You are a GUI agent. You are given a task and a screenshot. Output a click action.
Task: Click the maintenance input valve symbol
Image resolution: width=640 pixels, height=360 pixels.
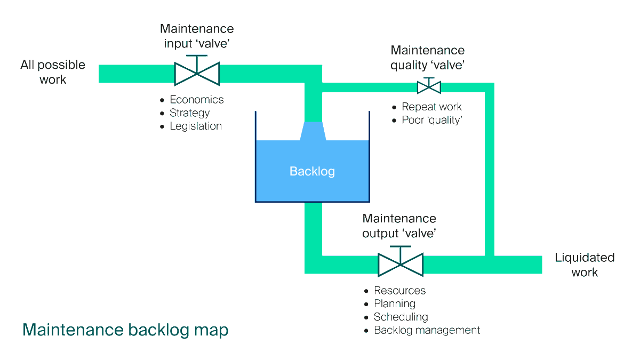tap(197, 74)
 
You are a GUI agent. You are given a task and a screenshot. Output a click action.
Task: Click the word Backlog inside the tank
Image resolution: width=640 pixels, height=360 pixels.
tap(312, 171)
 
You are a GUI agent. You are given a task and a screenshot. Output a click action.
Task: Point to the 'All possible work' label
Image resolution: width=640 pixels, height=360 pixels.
tap(53, 72)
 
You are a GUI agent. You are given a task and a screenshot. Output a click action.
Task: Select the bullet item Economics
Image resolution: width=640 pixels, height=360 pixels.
tap(196, 100)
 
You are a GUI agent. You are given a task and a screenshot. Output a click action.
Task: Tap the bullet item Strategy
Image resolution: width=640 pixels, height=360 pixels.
tap(189, 113)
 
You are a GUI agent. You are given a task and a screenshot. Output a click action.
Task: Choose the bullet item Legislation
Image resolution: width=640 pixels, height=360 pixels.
tap(196, 126)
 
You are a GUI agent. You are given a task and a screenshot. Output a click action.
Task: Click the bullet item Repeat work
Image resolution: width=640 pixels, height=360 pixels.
tap(431, 107)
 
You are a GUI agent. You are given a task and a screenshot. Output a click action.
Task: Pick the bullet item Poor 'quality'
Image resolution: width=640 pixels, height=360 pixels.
tap(431, 120)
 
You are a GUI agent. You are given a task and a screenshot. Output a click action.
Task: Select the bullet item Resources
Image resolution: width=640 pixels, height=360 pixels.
tap(399, 291)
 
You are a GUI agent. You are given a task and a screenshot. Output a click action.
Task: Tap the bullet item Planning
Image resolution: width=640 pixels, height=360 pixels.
tap(394, 303)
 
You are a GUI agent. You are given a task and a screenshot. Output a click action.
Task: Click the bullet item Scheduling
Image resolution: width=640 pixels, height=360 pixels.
tap(401, 317)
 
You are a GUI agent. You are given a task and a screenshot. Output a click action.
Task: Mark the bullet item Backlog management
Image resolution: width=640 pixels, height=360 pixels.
tap(427, 330)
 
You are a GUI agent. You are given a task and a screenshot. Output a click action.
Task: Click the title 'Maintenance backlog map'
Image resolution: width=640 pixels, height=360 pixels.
tap(125, 330)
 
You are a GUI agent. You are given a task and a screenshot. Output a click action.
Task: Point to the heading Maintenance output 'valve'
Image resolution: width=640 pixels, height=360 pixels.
tap(399, 226)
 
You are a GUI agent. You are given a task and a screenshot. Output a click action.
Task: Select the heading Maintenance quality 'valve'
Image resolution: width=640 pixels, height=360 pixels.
tap(427, 58)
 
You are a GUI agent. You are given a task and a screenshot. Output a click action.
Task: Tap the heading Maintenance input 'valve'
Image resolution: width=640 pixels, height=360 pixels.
tap(197, 36)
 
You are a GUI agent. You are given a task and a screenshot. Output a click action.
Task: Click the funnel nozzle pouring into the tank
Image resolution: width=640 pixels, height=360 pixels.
tap(313, 131)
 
